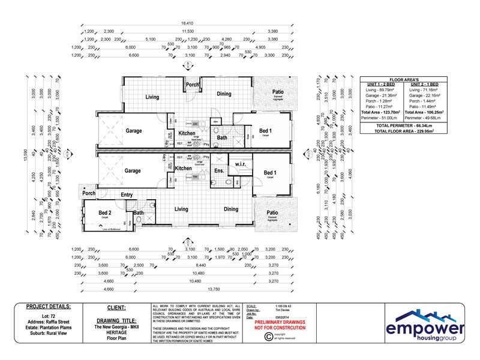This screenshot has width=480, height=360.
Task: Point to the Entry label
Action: pos(127,194)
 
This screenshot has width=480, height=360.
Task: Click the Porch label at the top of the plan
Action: pos(193,85)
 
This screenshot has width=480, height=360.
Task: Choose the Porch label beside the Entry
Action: pos(89,193)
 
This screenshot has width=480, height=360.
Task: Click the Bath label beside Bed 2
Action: pos(139,213)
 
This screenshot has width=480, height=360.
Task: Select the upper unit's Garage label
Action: pos(133,130)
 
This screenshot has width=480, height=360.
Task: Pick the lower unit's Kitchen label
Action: pos(183,169)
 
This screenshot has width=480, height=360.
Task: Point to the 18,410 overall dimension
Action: pos(188,24)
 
